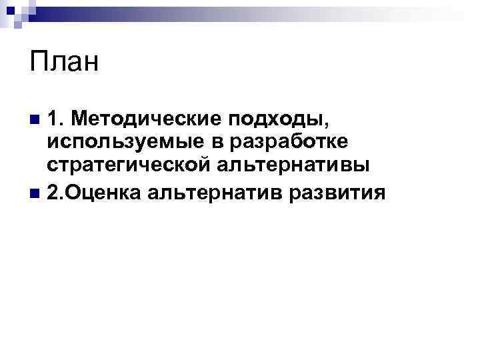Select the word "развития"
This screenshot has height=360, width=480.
(x=339, y=193)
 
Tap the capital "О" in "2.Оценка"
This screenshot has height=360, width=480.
(x=73, y=193)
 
